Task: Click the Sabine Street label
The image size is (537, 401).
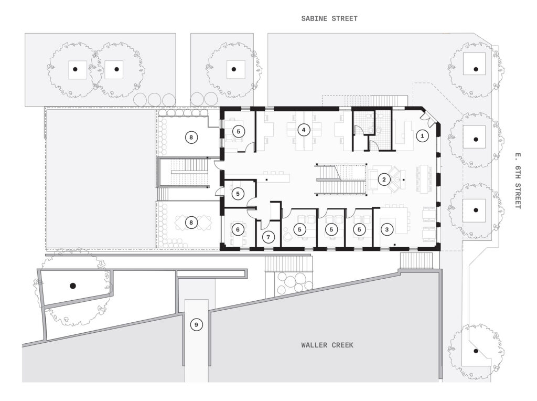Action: (329, 18)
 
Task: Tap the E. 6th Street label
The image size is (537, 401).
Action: (517, 181)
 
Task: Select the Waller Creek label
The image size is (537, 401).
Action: (327, 345)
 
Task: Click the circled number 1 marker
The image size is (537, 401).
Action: (422, 136)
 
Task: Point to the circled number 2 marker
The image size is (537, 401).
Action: (384, 180)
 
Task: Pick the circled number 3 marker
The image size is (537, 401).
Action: (387, 229)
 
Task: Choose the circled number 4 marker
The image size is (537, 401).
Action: (304, 130)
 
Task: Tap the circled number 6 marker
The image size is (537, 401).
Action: (238, 229)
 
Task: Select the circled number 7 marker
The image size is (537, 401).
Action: (268, 237)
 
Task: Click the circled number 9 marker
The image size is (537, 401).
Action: (196, 324)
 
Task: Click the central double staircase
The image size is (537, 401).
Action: (341, 180)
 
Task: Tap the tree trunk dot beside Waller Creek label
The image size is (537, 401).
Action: (475, 351)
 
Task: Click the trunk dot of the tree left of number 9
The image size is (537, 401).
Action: (72, 286)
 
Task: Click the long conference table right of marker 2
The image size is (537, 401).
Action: (424, 178)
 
